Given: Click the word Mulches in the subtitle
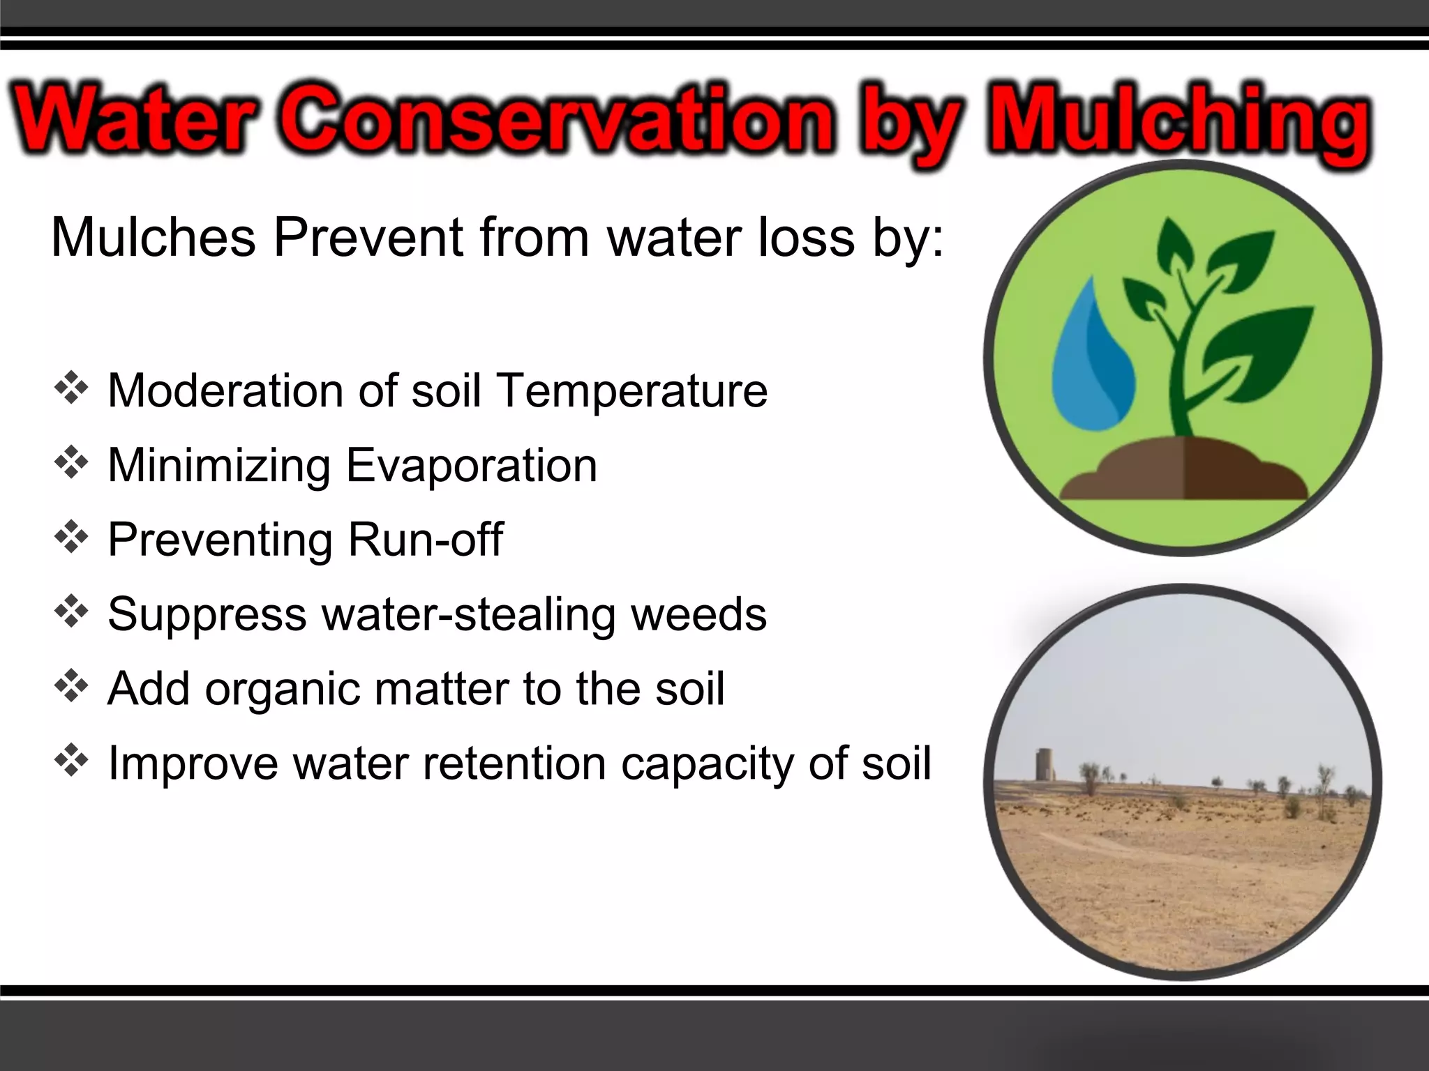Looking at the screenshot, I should [x=154, y=238].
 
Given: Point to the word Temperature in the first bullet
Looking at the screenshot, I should [x=631, y=390].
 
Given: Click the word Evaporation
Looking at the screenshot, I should [x=472, y=465].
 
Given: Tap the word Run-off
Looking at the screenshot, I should [x=425, y=540].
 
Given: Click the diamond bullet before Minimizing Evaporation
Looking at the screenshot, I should [x=71, y=462].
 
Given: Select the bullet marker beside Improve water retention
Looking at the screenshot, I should [x=71, y=761].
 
